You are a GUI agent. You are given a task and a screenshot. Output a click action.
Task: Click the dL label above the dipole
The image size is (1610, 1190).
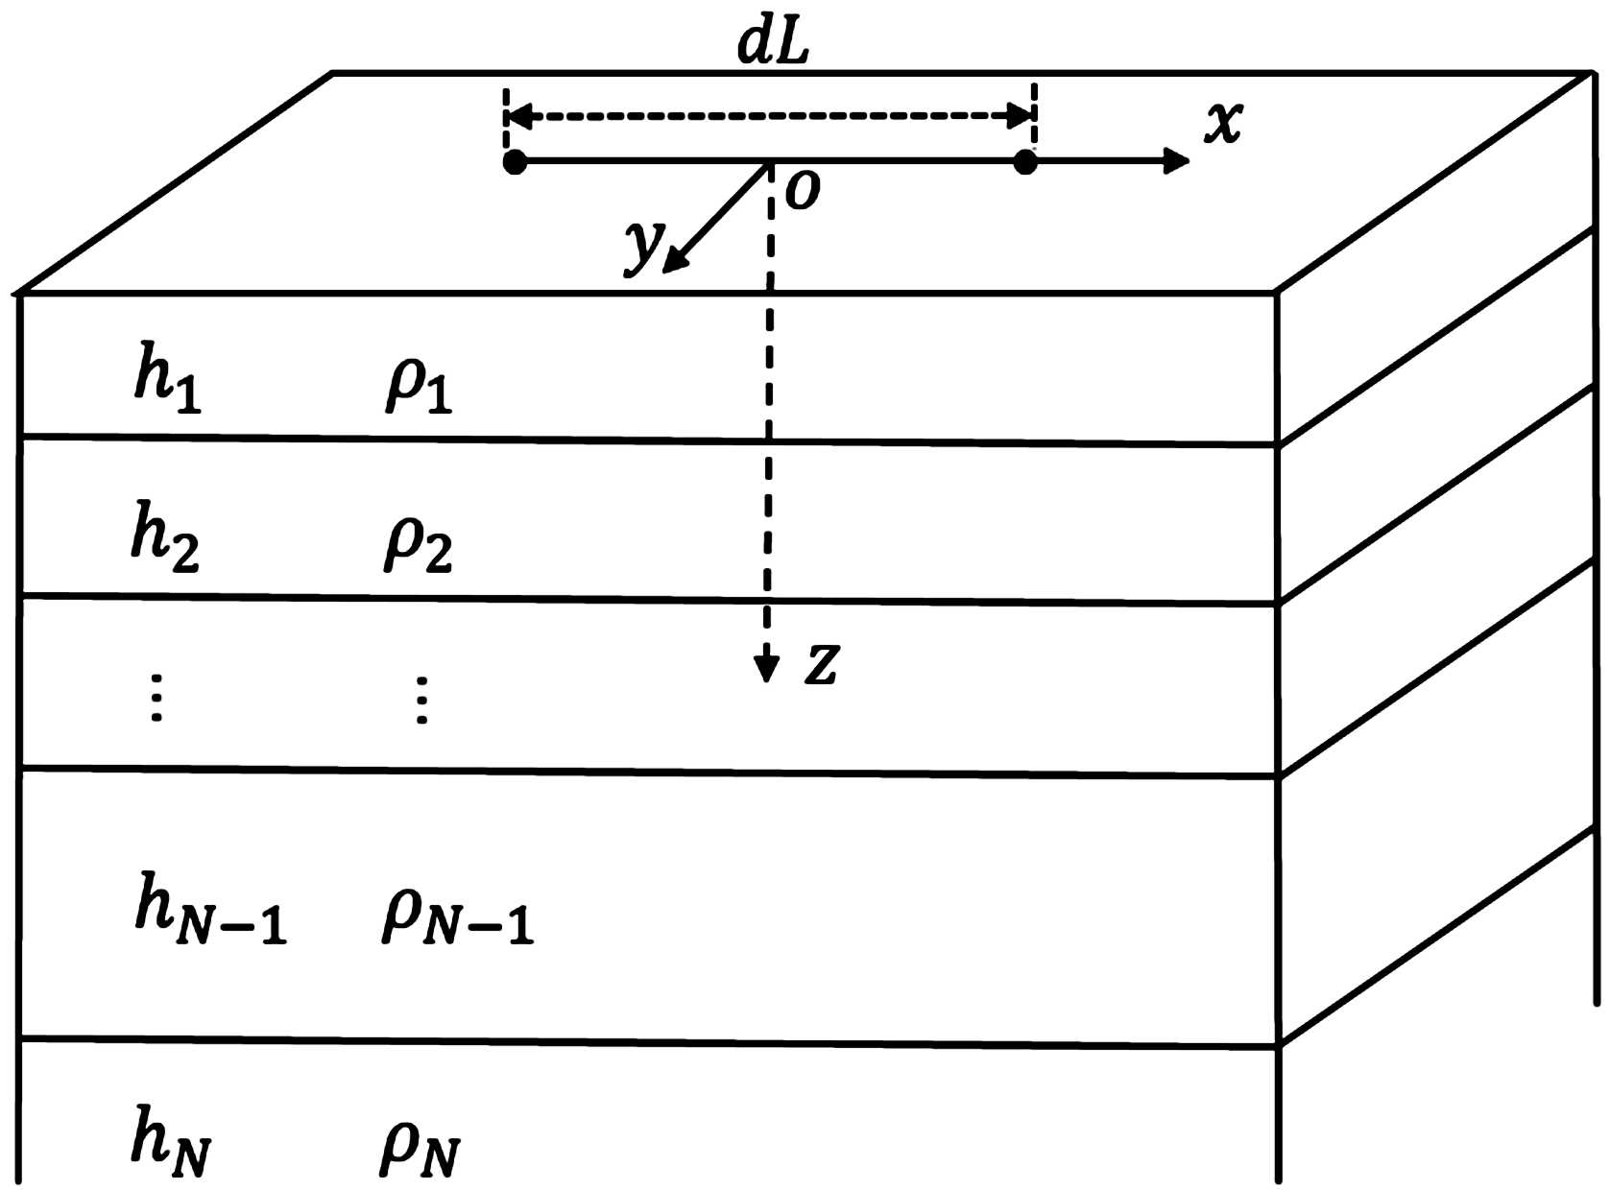773,43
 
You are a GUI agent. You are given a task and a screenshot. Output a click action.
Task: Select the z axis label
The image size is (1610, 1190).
822,663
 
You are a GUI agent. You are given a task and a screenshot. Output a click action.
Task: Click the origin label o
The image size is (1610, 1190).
803,191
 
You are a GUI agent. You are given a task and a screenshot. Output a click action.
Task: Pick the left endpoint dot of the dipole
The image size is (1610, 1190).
516,162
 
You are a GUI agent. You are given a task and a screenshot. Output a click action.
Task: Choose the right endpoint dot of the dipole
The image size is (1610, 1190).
1025,162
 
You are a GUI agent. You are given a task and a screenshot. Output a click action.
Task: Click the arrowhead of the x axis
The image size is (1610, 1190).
1175,161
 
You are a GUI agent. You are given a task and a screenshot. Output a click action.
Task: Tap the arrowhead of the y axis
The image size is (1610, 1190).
676,259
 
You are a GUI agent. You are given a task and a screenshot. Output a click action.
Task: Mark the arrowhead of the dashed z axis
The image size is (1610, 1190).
766,668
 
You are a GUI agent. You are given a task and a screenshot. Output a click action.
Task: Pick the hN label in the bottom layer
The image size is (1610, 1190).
171,1140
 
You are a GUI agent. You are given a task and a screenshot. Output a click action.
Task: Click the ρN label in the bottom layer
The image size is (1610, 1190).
420,1146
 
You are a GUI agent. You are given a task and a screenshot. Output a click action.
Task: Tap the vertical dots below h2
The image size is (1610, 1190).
157,698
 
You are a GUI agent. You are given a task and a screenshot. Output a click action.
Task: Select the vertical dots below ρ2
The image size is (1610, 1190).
421,700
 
